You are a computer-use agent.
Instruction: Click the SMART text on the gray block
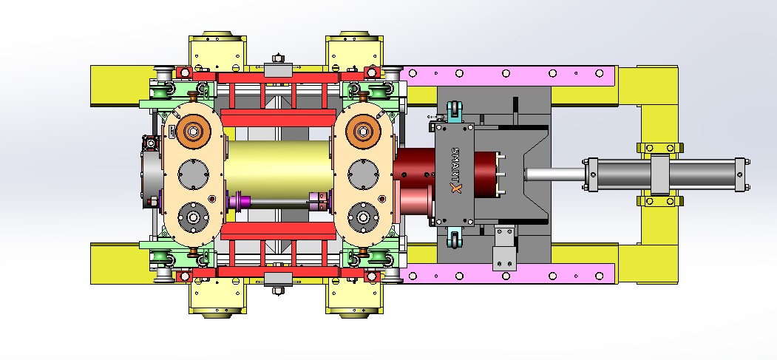[x=456, y=164]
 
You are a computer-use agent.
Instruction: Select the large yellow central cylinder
[x=279, y=171]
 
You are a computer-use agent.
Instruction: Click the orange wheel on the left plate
[x=194, y=132]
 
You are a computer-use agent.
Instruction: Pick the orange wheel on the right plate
[x=363, y=132]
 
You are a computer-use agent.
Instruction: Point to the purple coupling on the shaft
[x=239, y=201]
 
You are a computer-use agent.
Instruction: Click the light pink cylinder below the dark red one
[x=415, y=200]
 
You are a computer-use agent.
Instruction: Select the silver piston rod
[x=554, y=174]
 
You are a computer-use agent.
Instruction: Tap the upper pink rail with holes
[x=509, y=74]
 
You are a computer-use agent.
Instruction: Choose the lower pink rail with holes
[x=509, y=275]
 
